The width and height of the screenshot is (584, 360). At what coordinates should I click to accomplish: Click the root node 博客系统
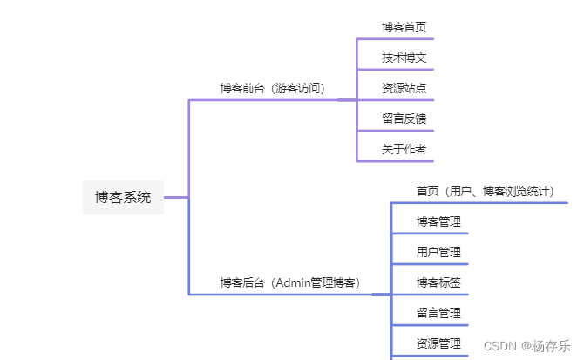click(123, 197)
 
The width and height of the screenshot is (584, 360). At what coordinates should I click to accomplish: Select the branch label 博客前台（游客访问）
click(272, 88)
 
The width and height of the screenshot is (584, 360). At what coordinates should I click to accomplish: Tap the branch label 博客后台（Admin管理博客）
click(289, 282)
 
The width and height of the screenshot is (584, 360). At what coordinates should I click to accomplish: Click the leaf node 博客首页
click(404, 27)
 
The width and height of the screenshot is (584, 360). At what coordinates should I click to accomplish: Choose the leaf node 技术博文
click(404, 58)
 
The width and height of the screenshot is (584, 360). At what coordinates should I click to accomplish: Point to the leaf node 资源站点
click(404, 88)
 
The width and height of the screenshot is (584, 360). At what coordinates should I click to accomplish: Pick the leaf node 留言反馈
click(404, 119)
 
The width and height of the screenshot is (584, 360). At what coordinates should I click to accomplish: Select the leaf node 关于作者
click(404, 149)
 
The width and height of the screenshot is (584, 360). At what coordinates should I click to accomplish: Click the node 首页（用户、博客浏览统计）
click(485, 191)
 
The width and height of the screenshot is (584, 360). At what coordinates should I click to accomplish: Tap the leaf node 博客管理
click(438, 221)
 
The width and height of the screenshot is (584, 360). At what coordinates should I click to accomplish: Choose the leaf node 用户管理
click(438, 252)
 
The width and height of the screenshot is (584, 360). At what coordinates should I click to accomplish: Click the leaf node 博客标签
click(438, 282)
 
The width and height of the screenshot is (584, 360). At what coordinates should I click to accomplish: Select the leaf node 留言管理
click(438, 313)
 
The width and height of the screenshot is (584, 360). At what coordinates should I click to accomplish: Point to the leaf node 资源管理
click(438, 343)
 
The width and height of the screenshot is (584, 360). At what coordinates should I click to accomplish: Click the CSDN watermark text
click(501, 345)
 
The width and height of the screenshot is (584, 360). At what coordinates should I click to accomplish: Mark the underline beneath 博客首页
click(395, 39)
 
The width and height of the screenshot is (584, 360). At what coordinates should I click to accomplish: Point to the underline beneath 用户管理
click(430, 264)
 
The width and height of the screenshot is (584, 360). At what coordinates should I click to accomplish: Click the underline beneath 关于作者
click(395, 161)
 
